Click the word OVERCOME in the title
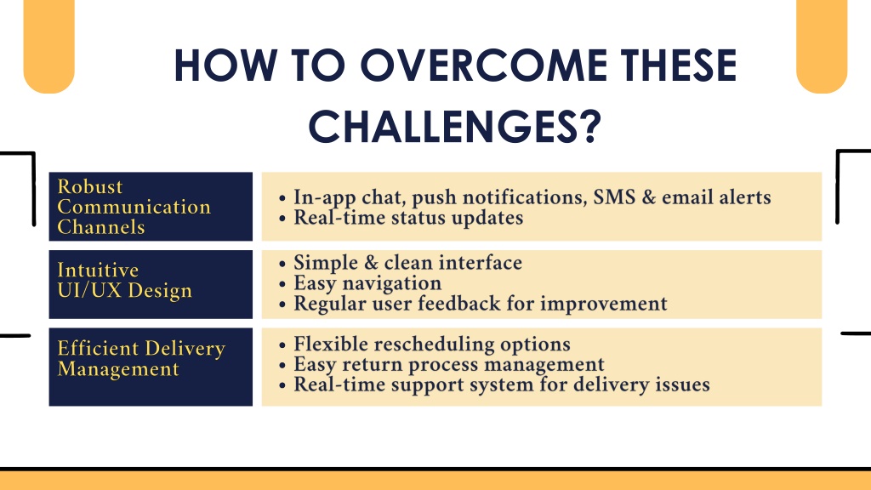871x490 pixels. pos(484,66)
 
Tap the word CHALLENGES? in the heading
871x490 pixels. pos(455,127)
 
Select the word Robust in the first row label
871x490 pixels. pos(90,186)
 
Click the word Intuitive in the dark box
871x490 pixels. pos(98,270)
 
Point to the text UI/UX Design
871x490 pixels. pos(124,291)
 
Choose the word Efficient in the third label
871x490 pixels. pos(98,348)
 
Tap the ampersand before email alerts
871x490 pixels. pos(648,197)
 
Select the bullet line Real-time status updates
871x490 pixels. pos(408,218)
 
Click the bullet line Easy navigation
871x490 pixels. pos(367,283)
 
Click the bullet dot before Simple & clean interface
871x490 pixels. pos(282,264)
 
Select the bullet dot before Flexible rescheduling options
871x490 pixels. pos(282,345)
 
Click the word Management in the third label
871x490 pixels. pos(118,369)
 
